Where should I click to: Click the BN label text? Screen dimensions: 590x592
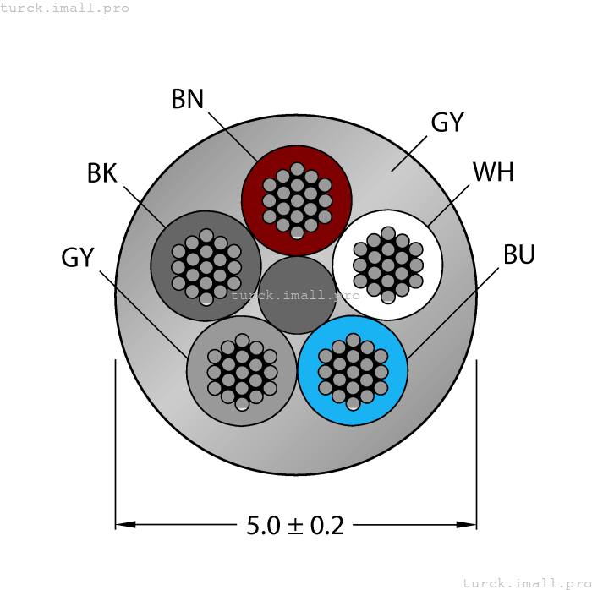(188, 99)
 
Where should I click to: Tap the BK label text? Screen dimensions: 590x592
(101, 173)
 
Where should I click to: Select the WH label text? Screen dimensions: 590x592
(493, 172)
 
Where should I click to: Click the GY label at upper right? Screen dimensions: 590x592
(447, 123)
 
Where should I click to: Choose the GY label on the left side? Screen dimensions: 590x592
(77, 258)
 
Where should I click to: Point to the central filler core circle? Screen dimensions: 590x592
(297, 295)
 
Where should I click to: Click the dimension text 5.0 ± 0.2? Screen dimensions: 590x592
(295, 525)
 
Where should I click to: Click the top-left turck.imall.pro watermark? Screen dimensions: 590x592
(65, 8)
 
